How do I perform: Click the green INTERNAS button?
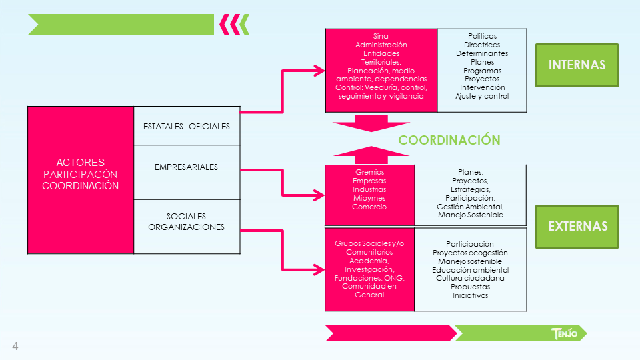pos(577,65)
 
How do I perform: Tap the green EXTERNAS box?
pos(577,227)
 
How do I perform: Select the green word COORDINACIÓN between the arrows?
pos(449,140)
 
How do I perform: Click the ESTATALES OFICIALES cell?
pos(187,126)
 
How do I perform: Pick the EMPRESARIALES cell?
pos(187,172)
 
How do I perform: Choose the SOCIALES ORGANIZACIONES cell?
pos(187,227)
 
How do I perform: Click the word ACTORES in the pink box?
pos(81,162)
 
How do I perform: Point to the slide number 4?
pos(15,346)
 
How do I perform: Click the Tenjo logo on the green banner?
pos(564,333)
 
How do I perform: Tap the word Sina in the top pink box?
pos(381,36)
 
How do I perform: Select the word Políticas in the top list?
pos(482,36)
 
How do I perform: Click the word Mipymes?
pos(369,198)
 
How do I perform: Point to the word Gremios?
pos(369,172)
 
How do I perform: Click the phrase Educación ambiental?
pos(470,270)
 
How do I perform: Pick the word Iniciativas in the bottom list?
pos(470,295)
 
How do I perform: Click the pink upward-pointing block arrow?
pos(371,155)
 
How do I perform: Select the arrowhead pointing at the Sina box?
pos(319,71)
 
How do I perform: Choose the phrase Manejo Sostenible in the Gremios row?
pos(470,215)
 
